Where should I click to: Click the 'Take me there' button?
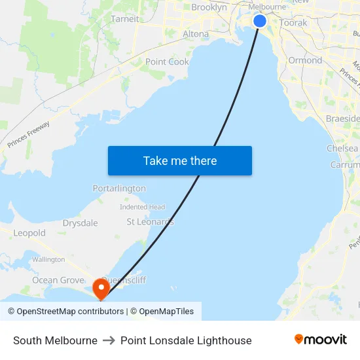179,160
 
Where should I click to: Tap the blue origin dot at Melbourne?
260,21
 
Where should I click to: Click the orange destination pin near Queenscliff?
101,287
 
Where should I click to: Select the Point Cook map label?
167,62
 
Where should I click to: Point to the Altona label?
196,33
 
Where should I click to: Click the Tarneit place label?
125,19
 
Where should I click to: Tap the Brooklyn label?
209,7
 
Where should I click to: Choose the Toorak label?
293,22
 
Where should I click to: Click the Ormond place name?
305,60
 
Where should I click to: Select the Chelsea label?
342,149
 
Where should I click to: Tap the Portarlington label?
119,188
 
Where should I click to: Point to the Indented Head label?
142,207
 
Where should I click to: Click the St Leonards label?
150,222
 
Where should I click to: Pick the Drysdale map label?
80,223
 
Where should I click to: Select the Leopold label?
29,233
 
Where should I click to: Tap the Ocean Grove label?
58,280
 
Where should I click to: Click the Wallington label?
48,259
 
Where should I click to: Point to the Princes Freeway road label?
29,133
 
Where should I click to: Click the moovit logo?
320,340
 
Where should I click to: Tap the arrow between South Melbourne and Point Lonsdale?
109,340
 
